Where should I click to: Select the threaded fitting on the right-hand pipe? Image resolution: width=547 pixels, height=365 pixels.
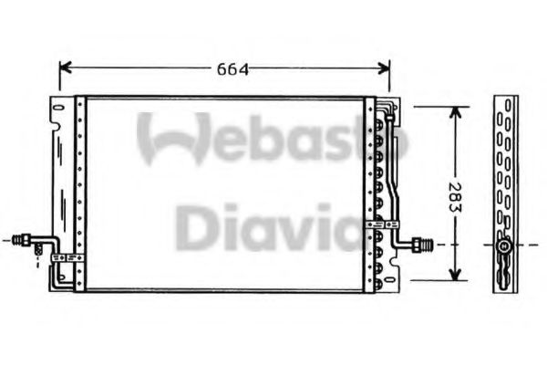coord(421,245)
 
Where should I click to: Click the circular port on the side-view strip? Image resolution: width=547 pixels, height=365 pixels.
coord(502,245)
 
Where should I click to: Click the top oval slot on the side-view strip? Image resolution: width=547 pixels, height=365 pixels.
coord(502,105)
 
